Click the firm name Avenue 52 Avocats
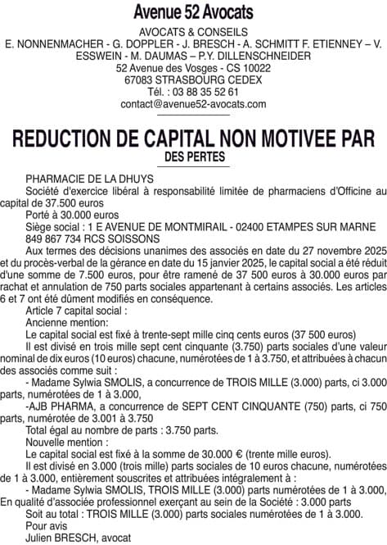click(193, 11)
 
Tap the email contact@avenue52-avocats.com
click(193, 104)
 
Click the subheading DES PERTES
click(193, 155)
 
